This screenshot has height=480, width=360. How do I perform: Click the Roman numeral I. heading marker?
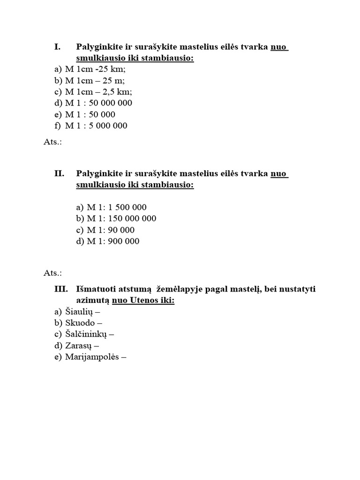click(58, 47)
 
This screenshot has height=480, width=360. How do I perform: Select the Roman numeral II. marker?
click(59, 173)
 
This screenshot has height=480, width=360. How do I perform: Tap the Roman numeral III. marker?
click(61, 289)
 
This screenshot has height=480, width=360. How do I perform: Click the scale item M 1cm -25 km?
click(96, 69)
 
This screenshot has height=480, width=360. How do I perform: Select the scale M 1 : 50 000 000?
click(98, 103)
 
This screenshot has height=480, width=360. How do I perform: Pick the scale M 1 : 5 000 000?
click(96, 126)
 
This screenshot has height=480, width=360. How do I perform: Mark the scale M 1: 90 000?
click(111, 230)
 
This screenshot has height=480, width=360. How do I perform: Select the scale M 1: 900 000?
click(113, 241)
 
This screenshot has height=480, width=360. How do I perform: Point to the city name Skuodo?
click(81, 323)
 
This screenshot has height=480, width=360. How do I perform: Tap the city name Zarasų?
click(79, 346)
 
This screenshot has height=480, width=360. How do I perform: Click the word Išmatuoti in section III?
click(96, 289)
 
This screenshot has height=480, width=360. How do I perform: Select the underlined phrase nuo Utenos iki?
click(143, 300)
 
